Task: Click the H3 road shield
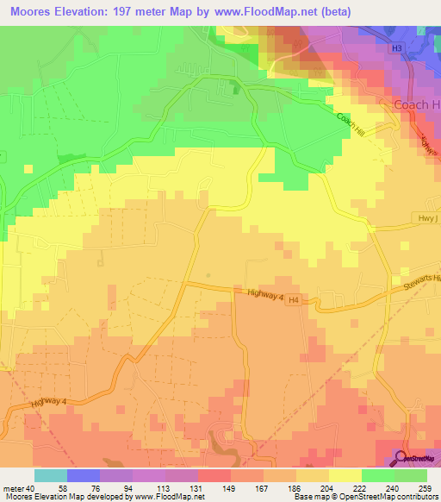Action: [x=396, y=49]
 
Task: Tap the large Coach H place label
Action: [x=417, y=104]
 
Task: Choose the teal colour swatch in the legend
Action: [x=50, y=476]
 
